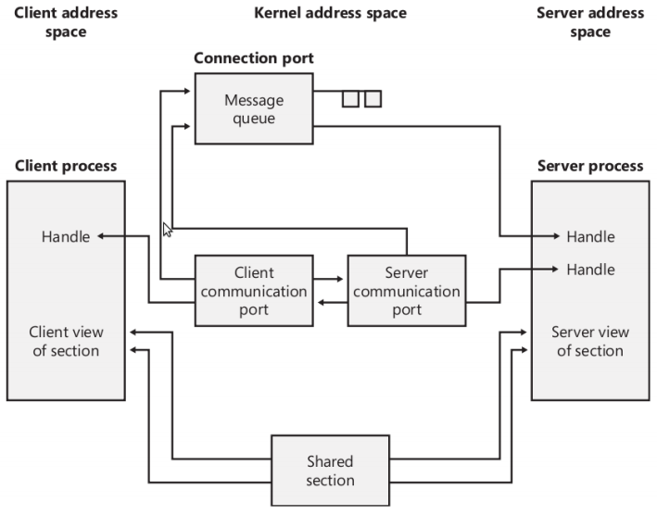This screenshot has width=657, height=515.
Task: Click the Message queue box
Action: click(253, 108)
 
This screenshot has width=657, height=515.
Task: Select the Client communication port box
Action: click(252, 291)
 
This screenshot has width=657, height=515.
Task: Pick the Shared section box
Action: click(330, 471)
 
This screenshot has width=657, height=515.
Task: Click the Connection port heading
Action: click(253, 58)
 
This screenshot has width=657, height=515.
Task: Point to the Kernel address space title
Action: click(330, 13)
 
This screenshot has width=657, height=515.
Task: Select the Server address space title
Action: click(589, 22)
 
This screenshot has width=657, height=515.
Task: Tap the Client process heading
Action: click(66, 166)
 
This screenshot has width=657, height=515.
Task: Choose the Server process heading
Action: click(589, 166)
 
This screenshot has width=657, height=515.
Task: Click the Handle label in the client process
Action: click(66, 236)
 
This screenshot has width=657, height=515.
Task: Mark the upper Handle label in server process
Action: click(590, 236)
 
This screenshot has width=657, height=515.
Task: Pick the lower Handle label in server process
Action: click(590, 269)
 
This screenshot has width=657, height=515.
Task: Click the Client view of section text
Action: click(66, 341)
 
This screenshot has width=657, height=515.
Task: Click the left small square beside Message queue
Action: click(350, 98)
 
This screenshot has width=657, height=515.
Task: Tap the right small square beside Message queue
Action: click(373, 98)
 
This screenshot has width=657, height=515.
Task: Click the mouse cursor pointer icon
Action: click(168, 230)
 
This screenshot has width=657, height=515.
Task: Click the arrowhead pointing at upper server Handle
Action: click(560, 236)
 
